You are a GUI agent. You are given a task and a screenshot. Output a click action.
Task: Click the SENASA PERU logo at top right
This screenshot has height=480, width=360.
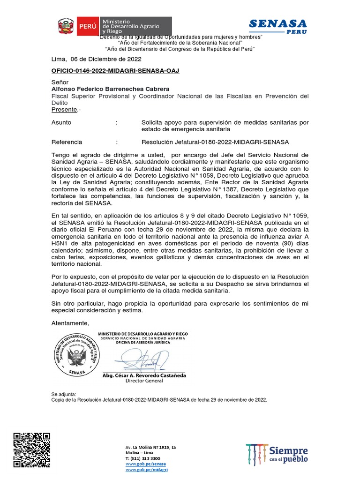[277, 26]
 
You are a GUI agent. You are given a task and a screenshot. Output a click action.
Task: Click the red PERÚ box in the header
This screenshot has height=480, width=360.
[87, 26]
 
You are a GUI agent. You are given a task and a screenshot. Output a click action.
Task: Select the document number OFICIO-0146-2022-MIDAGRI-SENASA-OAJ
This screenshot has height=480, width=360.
[115, 70]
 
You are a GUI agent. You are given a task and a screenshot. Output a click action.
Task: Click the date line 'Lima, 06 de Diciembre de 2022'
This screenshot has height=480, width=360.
[96, 59]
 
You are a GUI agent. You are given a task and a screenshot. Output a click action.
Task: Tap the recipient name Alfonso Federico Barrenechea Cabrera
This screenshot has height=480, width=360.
[110, 89]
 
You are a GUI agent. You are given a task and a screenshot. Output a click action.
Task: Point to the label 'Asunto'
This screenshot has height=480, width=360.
[61, 122]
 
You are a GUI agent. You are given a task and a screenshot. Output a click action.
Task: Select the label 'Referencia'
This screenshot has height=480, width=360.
[67, 142]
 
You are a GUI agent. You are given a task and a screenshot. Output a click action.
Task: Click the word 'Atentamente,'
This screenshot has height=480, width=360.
[70, 323]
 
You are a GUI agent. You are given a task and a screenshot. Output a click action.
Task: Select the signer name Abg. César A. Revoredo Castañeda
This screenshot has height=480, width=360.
[144, 375]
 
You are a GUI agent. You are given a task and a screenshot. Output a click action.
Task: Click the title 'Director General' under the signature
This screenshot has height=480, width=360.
[144, 381]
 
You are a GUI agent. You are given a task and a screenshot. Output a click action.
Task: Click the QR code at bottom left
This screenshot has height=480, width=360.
[31, 449]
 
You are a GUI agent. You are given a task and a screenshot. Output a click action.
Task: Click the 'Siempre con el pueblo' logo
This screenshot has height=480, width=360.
[277, 453]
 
